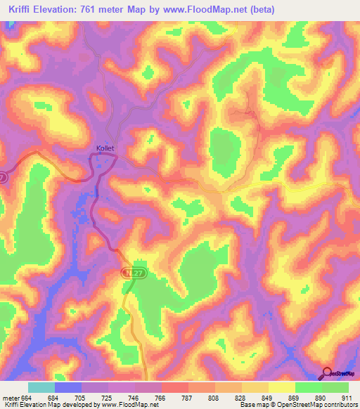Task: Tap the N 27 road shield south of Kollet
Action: click(135, 271)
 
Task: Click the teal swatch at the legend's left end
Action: click(41, 388)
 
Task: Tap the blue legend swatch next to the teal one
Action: click(68, 388)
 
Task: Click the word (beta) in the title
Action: click(259, 9)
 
